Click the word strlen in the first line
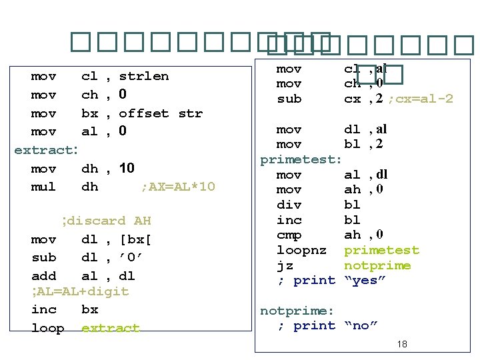tap(143, 76)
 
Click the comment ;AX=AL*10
tap(177, 187)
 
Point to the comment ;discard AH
tap(105, 221)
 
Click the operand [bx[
tap(135, 239)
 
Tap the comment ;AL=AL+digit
tap(79, 292)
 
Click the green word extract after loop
tap(110, 328)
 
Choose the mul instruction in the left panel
tap(43, 187)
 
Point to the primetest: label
tap(301, 160)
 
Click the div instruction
tap(289, 205)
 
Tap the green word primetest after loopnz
tap(381, 250)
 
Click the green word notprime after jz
tap(377, 265)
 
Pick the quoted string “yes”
tap(364, 280)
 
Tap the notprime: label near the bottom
tap(297, 311)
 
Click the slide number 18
tap(401, 345)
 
